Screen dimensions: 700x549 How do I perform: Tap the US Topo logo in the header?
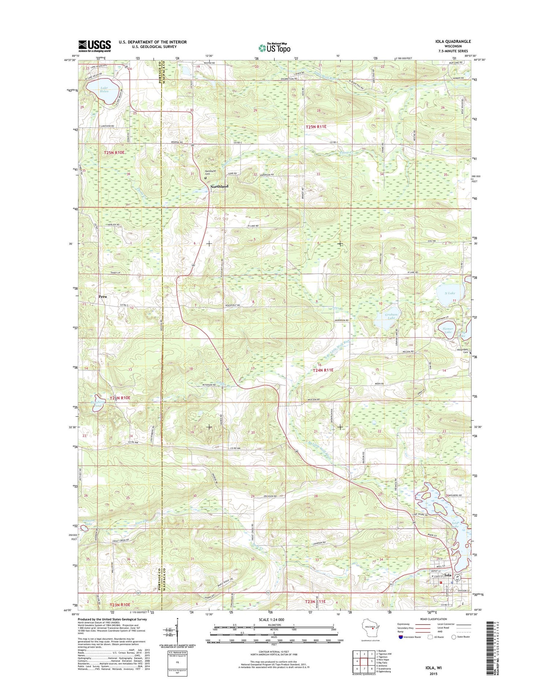click(274, 48)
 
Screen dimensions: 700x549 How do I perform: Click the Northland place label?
click(219, 186)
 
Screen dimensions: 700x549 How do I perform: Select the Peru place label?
click(102, 297)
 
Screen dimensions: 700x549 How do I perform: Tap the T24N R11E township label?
click(323, 370)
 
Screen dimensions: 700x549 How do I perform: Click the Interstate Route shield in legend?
click(401, 637)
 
